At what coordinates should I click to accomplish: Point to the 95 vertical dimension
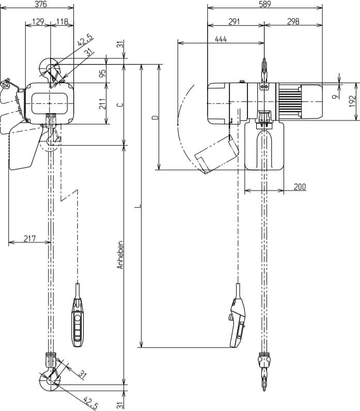click(102, 73)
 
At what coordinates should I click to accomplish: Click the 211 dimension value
click(102, 103)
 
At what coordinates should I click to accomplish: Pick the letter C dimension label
click(120, 104)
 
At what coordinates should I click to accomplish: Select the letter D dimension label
click(154, 118)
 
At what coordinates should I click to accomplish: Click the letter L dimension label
click(137, 207)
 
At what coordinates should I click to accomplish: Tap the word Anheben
click(120, 254)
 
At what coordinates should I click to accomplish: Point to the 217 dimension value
click(30, 238)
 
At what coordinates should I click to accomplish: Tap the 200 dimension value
click(300, 187)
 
